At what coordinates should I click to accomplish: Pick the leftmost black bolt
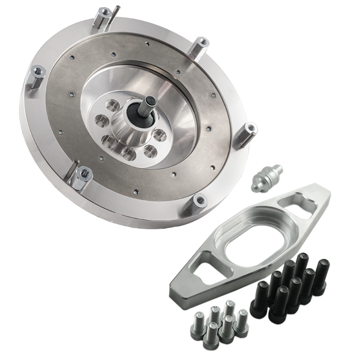(259, 303)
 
